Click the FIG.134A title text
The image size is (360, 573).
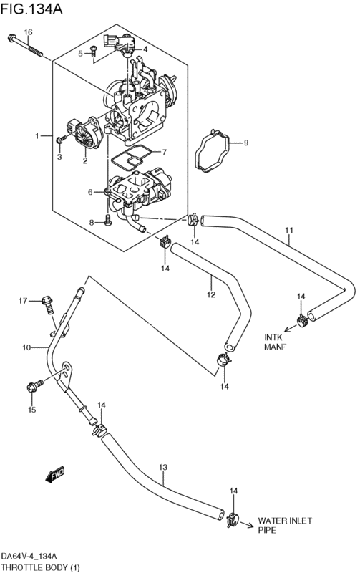coord(31,9)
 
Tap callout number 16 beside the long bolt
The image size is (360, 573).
coord(28,32)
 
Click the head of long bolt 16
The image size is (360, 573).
coord(12,37)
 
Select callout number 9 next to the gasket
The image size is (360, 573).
coord(245,142)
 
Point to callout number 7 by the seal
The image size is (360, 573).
coord(165,151)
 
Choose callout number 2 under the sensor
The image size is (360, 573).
coord(84,160)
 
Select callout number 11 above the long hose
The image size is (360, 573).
coord(289,231)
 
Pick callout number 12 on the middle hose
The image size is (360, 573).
coord(211,294)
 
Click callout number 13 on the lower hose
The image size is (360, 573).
coord(163,467)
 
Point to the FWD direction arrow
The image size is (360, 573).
coord(55,474)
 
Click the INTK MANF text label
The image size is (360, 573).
coord(276,342)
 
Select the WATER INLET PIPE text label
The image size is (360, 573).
coord(285,525)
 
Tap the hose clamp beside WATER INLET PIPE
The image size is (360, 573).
coord(233,520)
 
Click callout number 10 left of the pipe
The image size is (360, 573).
coord(26,347)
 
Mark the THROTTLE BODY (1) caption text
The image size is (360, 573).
coord(40,567)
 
